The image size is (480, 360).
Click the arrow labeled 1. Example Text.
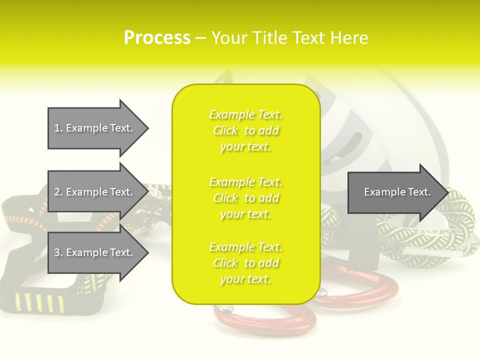(98, 128)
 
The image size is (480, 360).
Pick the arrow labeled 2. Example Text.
(98, 192)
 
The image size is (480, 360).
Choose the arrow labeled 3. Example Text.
(98, 252)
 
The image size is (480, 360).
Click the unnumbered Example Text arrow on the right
(398, 192)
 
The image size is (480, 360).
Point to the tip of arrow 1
(148, 128)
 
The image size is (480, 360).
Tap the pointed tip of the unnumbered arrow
(448, 192)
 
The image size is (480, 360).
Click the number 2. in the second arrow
(58, 192)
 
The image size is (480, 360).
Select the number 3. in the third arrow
(58, 252)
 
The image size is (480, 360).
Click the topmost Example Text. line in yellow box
(246, 114)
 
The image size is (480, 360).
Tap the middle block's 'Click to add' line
(246, 198)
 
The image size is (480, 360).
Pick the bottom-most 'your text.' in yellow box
(245, 279)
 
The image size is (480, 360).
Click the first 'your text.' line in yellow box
(245, 146)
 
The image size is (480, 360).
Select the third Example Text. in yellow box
(246, 247)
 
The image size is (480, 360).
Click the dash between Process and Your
(200, 38)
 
